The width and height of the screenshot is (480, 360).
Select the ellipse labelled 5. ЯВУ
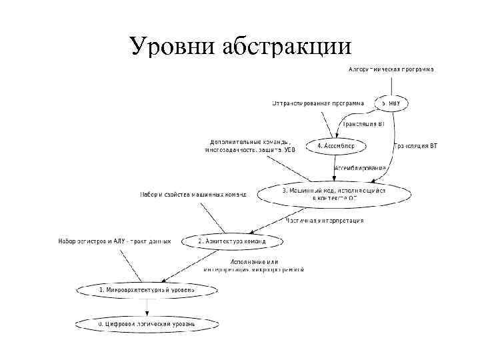click(x=392, y=103)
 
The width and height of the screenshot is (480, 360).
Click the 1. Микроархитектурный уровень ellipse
click(x=147, y=290)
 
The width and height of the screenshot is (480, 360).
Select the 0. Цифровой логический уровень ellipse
click(x=147, y=323)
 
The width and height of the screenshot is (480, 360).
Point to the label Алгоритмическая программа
click(x=391, y=69)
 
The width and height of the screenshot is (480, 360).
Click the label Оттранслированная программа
click(x=317, y=103)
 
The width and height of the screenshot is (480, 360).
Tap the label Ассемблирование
click(x=360, y=168)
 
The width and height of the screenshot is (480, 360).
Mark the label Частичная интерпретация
click(x=325, y=220)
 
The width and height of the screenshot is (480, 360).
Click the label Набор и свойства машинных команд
click(x=193, y=195)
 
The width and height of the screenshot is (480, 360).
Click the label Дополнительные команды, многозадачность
click(x=250, y=146)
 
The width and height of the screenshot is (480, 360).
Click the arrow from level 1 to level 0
click(x=147, y=307)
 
